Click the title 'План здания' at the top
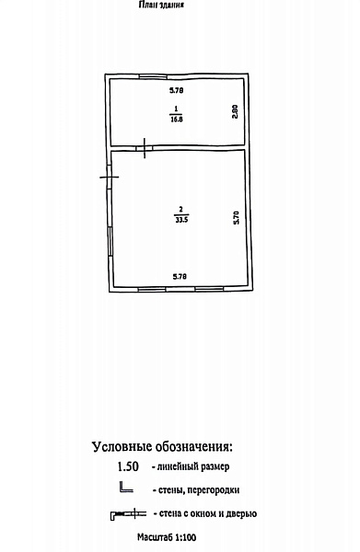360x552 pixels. pyautogui.click(x=161, y=5)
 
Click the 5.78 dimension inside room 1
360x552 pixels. pyautogui.click(x=177, y=90)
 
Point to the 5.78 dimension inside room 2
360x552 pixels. pyautogui.click(x=180, y=277)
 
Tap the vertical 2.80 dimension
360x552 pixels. pyautogui.click(x=236, y=111)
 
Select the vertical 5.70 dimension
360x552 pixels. pyautogui.click(x=237, y=217)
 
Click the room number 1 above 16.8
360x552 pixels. pyautogui.click(x=176, y=109)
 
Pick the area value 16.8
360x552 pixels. pyautogui.click(x=177, y=119)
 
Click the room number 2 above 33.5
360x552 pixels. pyautogui.click(x=181, y=210)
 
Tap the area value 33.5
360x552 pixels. pyautogui.click(x=181, y=221)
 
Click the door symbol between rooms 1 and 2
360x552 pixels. pyautogui.click(x=145, y=148)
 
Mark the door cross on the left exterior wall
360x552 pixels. pyautogui.click(x=110, y=177)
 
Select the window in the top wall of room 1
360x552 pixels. pyautogui.click(x=153, y=76)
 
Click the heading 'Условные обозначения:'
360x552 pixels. pyautogui.click(x=162, y=447)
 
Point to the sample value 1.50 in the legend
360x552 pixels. pyautogui.click(x=128, y=466)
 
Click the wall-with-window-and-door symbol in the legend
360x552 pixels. pyautogui.click(x=129, y=514)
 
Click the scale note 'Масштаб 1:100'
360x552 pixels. pyautogui.click(x=167, y=537)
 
